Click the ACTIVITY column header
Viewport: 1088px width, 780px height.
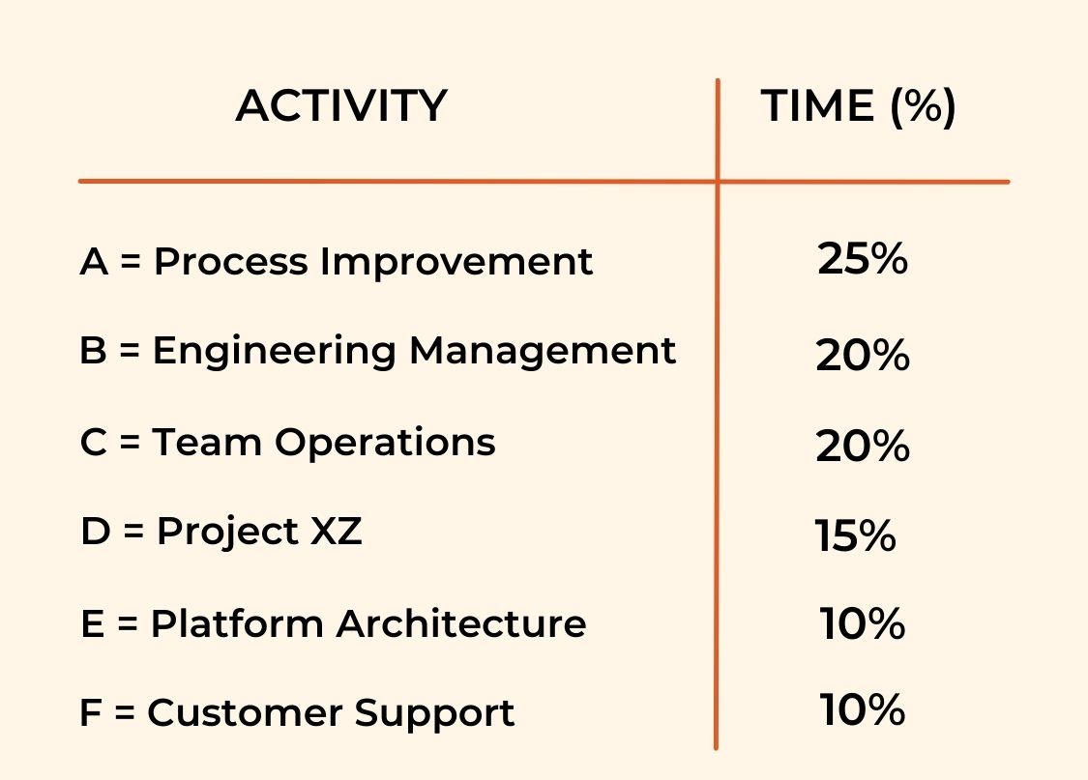(x=341, y=105)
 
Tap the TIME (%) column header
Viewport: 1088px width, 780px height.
(x=859, y=106)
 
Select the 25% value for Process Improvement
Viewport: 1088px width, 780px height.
(x=863, y=259)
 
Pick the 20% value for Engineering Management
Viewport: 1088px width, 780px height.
(x=863, y=355)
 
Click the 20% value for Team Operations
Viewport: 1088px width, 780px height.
(x=863, y=446)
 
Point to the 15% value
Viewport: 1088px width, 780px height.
(x=855, y=535)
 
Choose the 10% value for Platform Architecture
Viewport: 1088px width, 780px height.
(x=863, y=622)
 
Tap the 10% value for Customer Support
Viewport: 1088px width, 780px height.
(x=863, y=709)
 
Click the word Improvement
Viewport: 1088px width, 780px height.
(x=456, y=261)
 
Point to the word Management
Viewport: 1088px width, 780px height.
(x=543, y=352)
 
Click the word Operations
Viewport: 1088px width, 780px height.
(x=385, y=444)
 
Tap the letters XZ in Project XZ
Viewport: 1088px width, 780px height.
(x=336, y=531)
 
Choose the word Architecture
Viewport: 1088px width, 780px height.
(x=461, y=622)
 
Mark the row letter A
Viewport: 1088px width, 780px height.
(x=95, y=261)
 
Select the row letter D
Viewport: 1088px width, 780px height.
(x=96, y=531)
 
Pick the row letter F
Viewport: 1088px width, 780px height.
(x=91, y=712)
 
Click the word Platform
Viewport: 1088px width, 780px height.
(x=237, y=622)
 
